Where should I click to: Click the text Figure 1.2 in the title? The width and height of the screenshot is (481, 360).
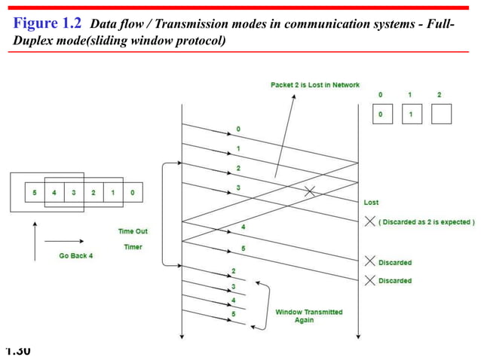[46, 23]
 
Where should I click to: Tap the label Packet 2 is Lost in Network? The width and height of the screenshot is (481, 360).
[314, 85]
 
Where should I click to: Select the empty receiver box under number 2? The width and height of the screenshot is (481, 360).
[440, 114]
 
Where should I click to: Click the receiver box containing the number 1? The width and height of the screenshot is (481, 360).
[411, 114]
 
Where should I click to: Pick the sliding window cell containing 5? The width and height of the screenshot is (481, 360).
[34, 193]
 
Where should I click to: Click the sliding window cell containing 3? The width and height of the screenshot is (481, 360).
[73, 193]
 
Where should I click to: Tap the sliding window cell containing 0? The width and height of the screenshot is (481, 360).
[133, 193]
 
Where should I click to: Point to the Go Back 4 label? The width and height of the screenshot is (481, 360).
[77, 255]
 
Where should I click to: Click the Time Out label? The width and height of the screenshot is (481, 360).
[133, 231]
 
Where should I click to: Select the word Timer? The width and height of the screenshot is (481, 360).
[133, 246]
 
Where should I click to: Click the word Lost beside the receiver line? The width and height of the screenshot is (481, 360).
[371, 203]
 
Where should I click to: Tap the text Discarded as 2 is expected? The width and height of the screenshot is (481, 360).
[427, 222]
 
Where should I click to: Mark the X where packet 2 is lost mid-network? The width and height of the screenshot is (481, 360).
[309, 191]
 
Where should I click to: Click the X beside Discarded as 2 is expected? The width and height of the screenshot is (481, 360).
[369, 221]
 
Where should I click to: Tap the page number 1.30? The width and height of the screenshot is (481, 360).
[17, 351]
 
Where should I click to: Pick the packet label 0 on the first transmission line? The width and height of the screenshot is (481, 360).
[238, 130]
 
